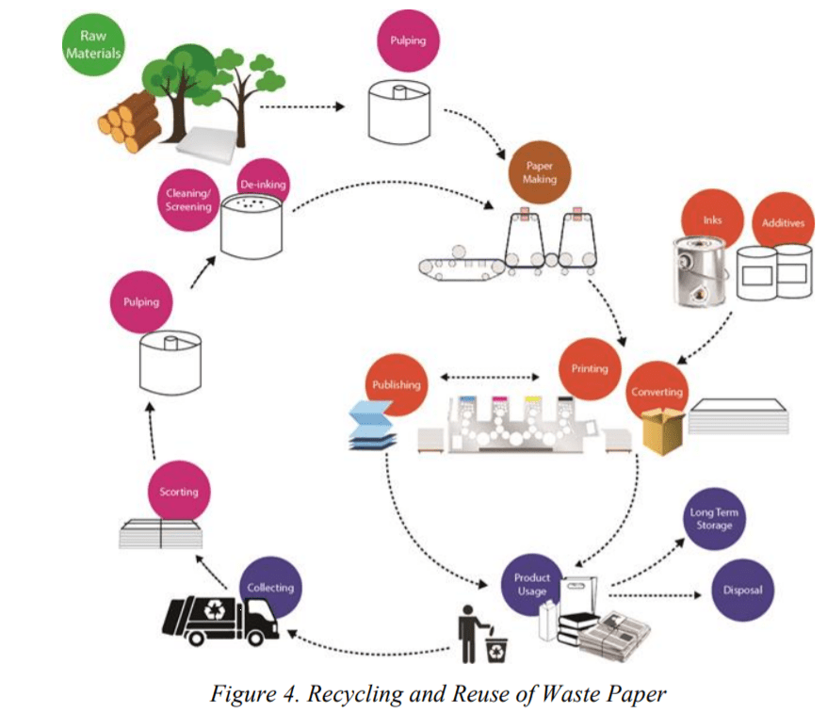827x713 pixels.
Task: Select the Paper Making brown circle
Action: (x=540, y=171)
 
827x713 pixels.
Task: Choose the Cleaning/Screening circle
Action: (x=188, y=201)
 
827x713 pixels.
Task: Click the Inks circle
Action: (x=712, y=220)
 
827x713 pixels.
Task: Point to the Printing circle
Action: (x=590, y=368)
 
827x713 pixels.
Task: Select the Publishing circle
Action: (x=396, y=384)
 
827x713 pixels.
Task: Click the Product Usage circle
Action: (x=532, y=584)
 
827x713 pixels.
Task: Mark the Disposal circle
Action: (x=742, y=591)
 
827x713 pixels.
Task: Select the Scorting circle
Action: (x=179, y=492)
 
